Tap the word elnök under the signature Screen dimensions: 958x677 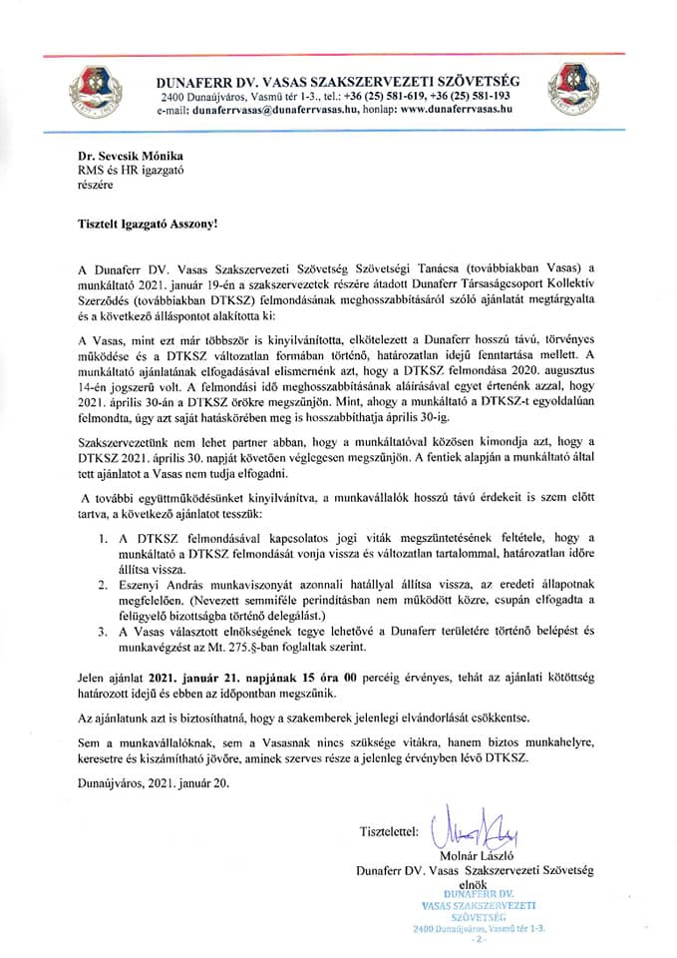point(469,882)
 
